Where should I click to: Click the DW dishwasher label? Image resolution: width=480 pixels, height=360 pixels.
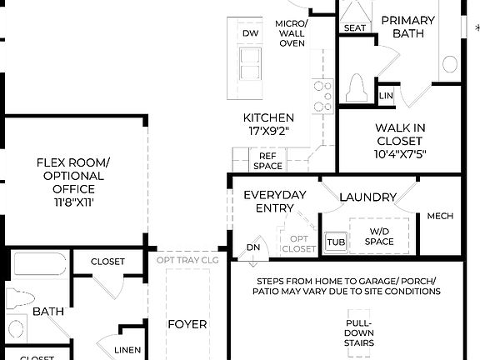click(x=250, y=32)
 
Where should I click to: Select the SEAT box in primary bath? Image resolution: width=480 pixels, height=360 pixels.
click(x=354, y=27)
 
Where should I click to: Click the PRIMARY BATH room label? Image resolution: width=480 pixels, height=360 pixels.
click(x=408, y=27)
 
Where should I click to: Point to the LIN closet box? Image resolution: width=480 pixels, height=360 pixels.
click(x=385, y=97)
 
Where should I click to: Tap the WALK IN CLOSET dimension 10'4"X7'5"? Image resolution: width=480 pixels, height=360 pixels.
click(x=400, y=153)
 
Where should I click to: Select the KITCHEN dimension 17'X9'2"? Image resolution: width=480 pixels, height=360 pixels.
click(x=267, y=132)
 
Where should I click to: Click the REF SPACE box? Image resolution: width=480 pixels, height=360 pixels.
click(x=267, y=161)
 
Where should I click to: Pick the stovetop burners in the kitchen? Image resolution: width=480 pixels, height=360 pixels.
click(x=322, y=96)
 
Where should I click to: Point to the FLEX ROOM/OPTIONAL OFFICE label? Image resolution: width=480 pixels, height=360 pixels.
click(x=70, y=177)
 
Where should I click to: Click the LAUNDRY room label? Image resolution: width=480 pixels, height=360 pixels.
click(x=367, y=197)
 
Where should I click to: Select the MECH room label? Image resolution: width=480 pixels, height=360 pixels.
click(x=440, y=216)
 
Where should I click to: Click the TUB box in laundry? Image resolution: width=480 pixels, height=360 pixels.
click(x=335, y=241)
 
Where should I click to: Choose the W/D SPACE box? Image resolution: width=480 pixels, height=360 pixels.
click(x=379, y=236)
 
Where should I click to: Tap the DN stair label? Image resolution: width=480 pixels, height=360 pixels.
click(x=252, y=248)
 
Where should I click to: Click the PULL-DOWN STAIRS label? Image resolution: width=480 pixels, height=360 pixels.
click(x=360, y=332)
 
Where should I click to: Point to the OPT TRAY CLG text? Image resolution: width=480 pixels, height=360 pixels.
click(x=187, y=259)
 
